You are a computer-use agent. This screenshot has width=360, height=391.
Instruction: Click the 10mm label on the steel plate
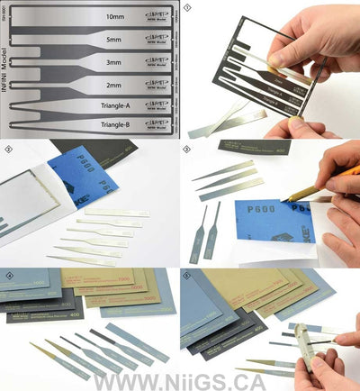[x=114, y=17]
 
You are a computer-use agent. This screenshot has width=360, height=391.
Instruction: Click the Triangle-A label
[x=114, y=105]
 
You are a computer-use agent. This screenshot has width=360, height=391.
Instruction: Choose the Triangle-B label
[x=114, y=125]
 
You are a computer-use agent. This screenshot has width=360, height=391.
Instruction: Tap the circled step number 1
[x=187, y=7]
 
